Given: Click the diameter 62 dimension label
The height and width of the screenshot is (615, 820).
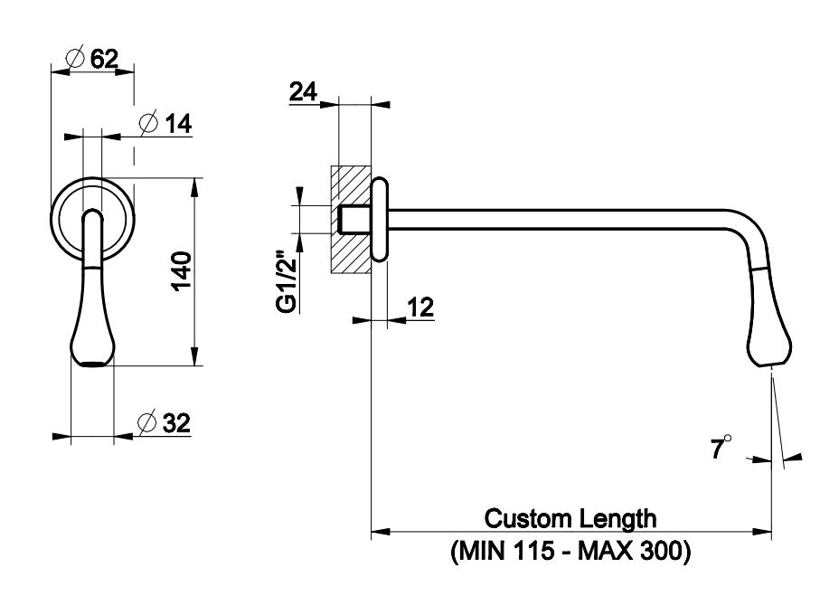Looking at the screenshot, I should pos(94,59).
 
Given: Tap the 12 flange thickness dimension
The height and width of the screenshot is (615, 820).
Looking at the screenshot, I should pos(419,307).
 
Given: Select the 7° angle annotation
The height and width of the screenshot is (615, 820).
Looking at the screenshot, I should pos(721,448).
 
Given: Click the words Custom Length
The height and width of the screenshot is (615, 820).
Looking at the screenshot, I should pos(570,518).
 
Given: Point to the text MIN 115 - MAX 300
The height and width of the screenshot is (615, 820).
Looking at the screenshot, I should pos(570,551).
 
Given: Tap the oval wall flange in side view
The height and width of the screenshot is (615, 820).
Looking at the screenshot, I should pos(380,220).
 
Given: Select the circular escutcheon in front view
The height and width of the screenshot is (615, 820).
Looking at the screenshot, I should pos(92,217).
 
